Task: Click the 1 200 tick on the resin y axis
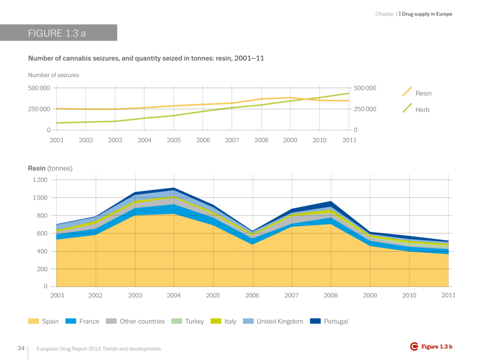pos(40,180)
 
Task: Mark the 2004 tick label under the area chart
pos(174,296)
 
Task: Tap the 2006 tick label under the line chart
pos(203,140)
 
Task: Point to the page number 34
pos(21,348)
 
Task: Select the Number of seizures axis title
pos(53,75)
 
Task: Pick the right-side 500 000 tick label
pos(365,88)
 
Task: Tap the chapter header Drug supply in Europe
pos(427,14)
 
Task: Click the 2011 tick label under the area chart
pos(448,295)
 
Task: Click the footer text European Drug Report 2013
pos(98,349)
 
